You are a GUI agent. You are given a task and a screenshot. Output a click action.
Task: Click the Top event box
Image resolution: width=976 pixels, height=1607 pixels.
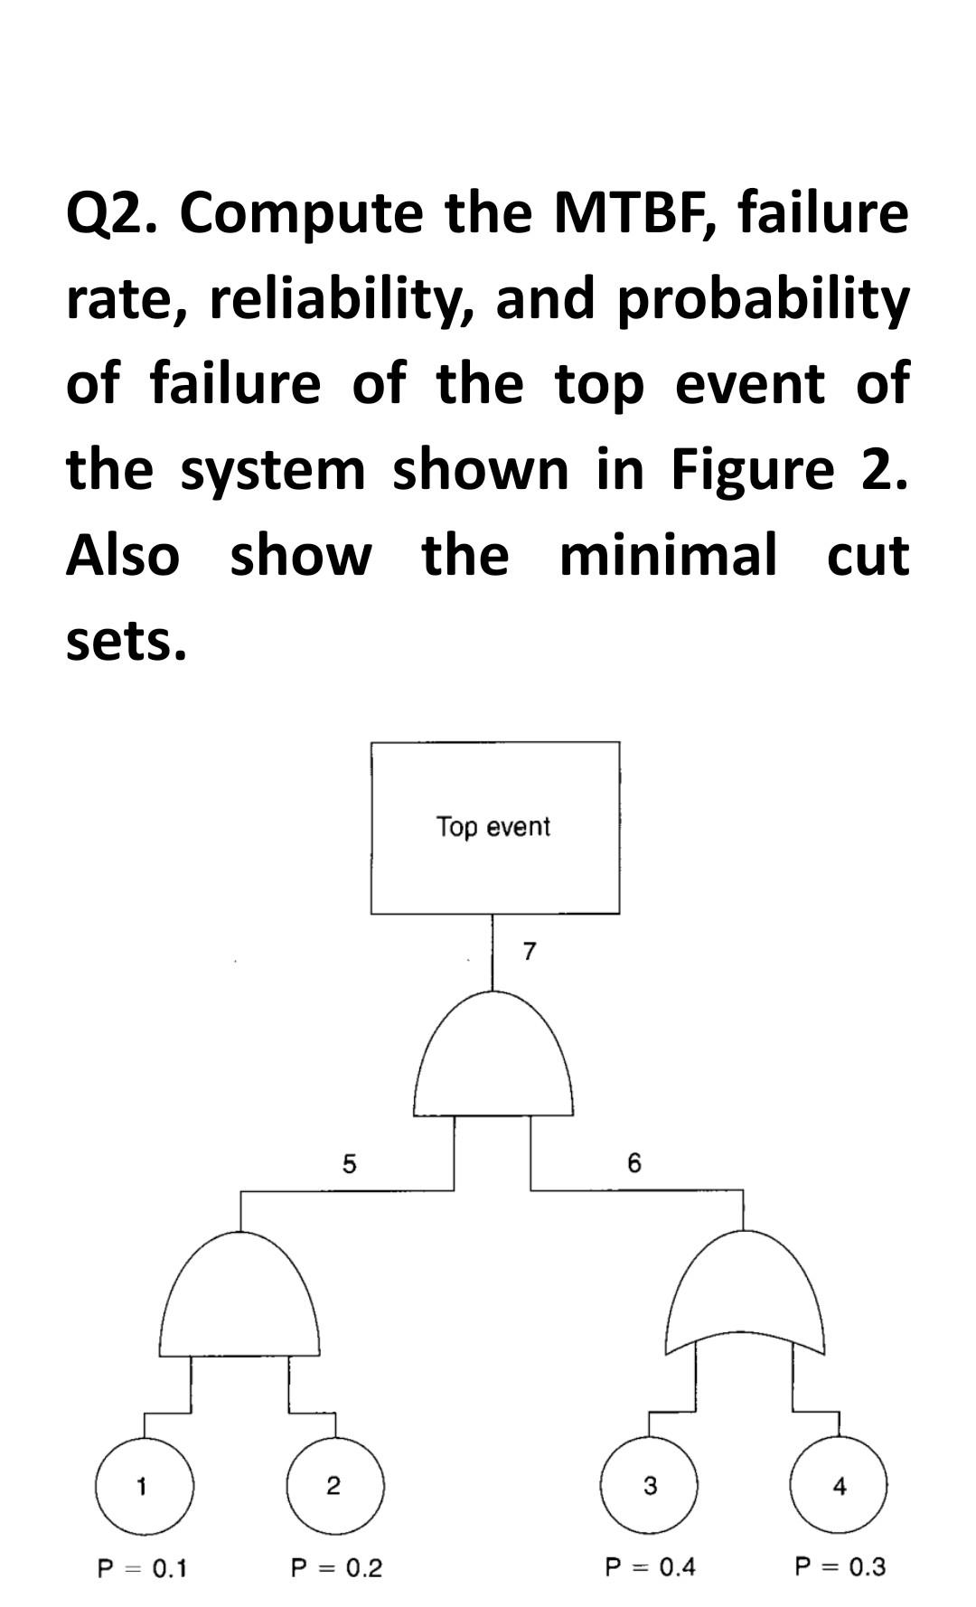(x=494, y=827)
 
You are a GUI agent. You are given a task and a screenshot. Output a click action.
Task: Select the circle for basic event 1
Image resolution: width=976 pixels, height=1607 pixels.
(x=144, y=1485)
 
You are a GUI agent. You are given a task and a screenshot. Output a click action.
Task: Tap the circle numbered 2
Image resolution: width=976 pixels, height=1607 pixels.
(x=334, y=1485)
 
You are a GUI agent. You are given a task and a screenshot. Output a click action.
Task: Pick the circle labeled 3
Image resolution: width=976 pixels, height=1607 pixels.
(x=650, y=1485)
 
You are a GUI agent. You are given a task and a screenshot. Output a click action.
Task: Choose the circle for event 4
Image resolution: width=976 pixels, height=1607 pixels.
(x=839, y=1485)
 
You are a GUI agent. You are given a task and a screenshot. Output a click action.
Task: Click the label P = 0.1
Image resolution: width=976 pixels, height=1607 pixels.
(x=142, y=1567)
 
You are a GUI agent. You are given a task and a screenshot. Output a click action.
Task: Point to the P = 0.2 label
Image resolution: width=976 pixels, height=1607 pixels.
(x=336, y=1567)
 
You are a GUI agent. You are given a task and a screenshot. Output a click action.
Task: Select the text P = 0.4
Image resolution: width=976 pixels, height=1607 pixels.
(x=650, y=1566)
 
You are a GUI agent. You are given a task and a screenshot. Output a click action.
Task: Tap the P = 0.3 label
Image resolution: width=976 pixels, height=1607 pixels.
(x=840, y=1566)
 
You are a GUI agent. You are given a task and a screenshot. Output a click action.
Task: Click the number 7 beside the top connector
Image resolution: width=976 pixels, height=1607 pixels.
(x=530, y=951)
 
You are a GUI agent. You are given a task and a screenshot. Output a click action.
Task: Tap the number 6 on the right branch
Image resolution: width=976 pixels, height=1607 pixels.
(x=633, y=1163)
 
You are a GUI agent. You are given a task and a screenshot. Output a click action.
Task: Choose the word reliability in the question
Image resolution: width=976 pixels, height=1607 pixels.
(x=343, y=300)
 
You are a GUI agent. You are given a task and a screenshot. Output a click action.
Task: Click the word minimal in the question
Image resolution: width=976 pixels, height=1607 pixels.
(x=668, y=555)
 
